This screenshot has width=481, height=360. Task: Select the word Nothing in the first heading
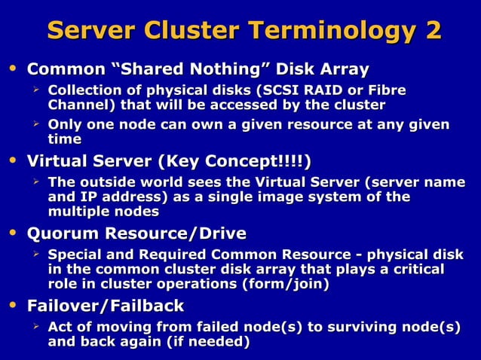225,70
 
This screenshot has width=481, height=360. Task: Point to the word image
277,197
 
